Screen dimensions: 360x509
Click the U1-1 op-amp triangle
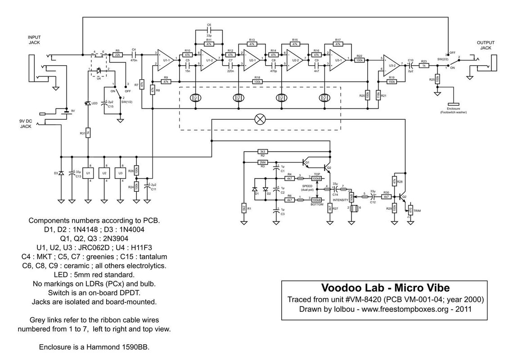click(165, 60)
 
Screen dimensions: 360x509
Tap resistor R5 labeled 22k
click(117, 54)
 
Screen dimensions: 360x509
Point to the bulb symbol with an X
click(260, 119)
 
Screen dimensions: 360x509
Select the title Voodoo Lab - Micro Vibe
click(385, 287)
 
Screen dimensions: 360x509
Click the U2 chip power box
click(104, 173)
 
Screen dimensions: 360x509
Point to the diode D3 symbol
click(61, 173)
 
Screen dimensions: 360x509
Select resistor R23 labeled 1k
click(424, 65)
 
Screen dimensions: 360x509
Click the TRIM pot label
click(418, 210)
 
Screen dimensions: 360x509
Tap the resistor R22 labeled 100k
click(360, 60)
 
